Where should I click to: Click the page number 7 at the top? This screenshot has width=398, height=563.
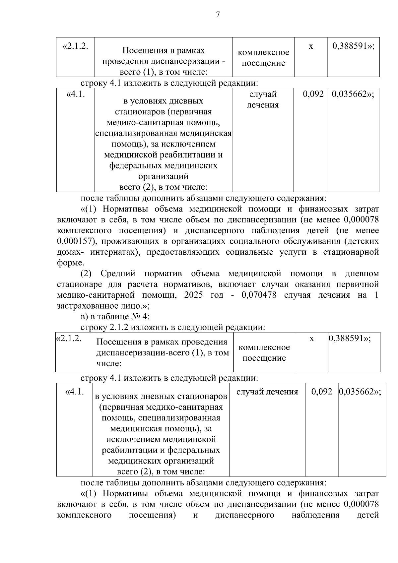(218, 15)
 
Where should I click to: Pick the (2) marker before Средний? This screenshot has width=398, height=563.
(87, 274)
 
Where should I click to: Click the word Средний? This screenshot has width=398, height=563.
(118, 274)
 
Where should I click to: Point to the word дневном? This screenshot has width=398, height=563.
(362, 274)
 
